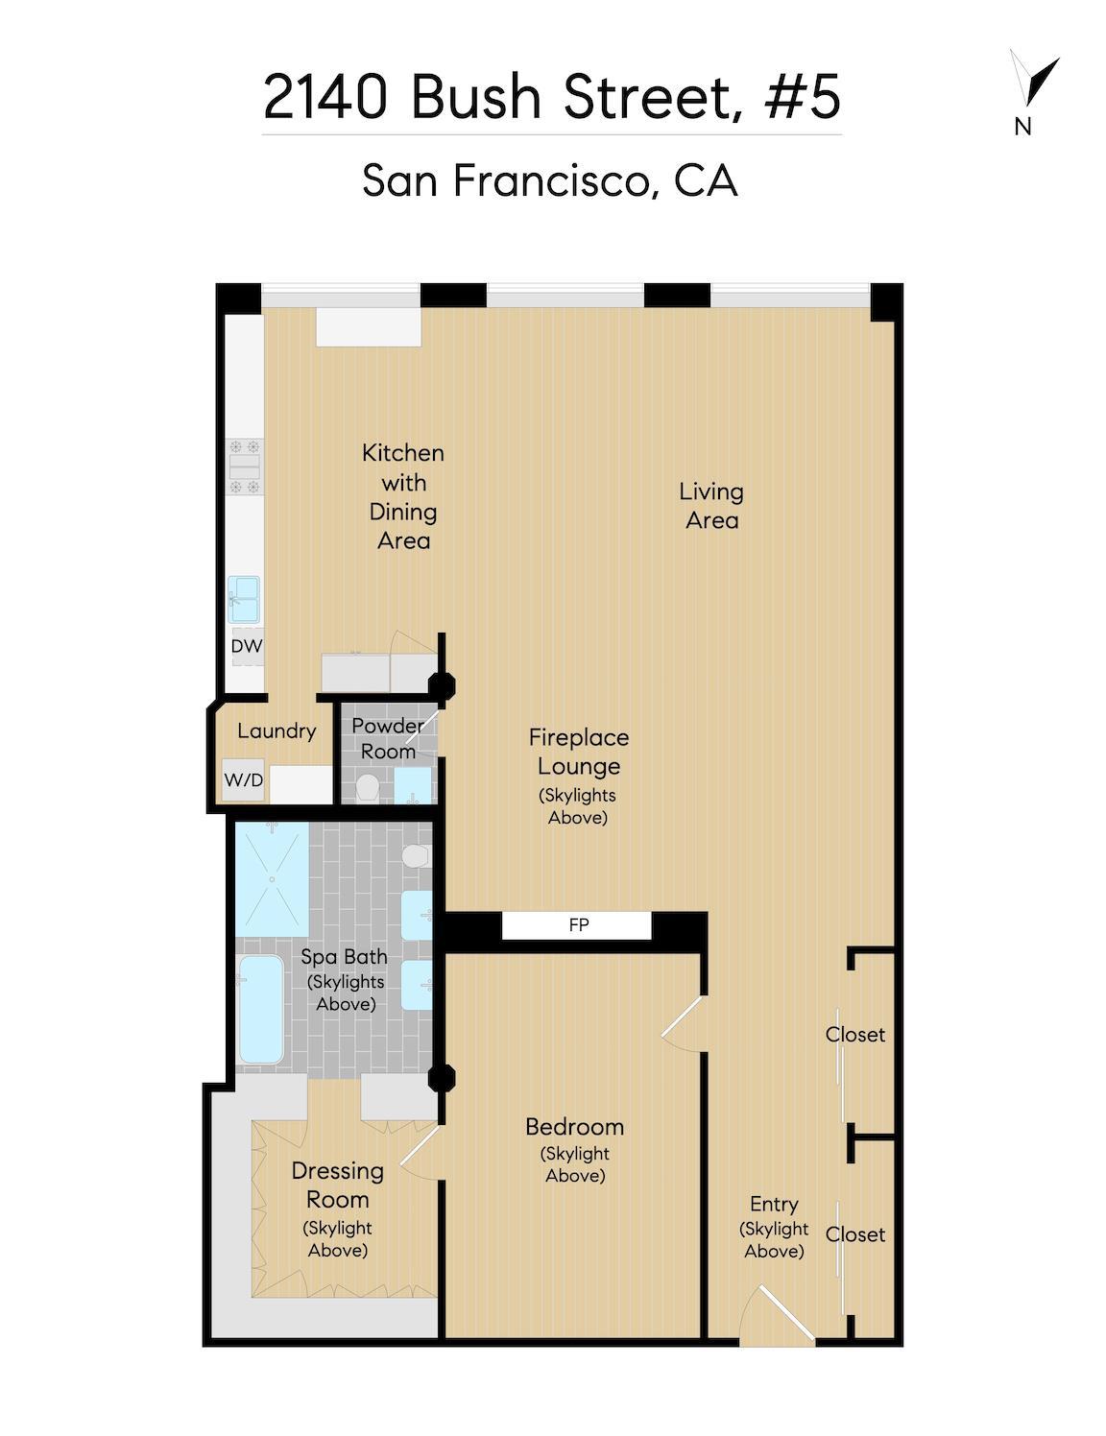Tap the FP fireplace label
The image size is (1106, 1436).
578,925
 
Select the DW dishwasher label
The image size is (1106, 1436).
247,646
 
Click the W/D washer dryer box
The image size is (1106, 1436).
244,779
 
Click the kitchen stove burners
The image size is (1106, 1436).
245,467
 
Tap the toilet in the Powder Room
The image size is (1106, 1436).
367,788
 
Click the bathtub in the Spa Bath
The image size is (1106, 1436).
260,1009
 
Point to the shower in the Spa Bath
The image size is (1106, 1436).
273,878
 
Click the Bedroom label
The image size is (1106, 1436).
574,1126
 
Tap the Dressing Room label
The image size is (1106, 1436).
337,1185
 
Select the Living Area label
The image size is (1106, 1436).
711,506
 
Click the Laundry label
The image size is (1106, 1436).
276,730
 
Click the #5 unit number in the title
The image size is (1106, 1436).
803,97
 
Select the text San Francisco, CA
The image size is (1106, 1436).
550,179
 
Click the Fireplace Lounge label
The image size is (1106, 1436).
579,752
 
